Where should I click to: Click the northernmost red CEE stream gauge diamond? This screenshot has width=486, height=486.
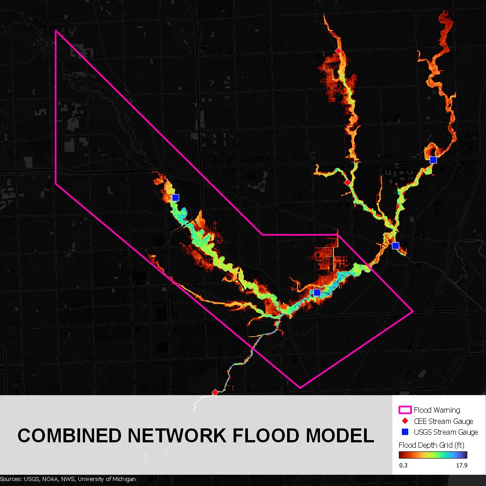click(338, 51)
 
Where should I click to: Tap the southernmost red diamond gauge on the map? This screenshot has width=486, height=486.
click(215, 392)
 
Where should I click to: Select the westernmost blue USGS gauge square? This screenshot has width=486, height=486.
click(175, 197)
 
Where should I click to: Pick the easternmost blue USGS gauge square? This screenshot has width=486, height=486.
click(433, 160)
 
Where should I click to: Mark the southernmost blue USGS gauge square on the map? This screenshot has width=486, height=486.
click(317, 292)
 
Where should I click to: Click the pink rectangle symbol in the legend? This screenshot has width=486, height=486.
click(405, 410)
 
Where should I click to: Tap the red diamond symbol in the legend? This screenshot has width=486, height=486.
click(405, 421)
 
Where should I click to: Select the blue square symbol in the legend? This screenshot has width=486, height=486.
click(405, 432)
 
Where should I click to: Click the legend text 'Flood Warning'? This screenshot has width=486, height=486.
click(436, 410)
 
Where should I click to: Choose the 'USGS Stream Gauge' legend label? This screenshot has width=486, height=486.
click(445, 432)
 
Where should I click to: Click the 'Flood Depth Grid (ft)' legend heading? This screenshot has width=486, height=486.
click(431, 445)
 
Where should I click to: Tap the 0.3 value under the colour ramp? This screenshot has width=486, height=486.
click(404, 465)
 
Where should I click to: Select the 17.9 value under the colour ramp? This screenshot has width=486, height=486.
click(462, 465)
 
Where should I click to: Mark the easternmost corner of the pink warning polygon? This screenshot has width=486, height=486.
click(413, 310)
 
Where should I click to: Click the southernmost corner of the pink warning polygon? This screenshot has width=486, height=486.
click(300, 387)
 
